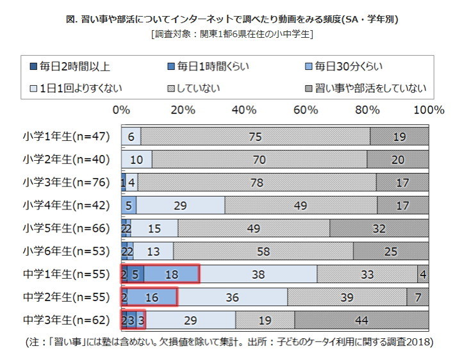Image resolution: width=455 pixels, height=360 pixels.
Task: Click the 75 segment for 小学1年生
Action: click(x=255, y=136)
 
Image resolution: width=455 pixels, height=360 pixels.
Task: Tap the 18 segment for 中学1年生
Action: click(x=172, y=274)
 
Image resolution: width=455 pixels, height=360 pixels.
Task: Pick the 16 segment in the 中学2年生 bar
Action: click(x=152, y=297)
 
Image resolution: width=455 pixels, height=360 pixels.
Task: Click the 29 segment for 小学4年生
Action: click(x=180, y=205)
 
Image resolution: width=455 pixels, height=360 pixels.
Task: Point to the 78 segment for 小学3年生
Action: click(x=257, y=183)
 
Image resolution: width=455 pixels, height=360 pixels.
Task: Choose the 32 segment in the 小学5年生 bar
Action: click(x=379, y=228)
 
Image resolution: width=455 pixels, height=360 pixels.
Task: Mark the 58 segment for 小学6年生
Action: click(x=263, y=251)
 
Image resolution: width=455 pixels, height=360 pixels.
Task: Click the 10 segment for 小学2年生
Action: click(x=136, y=160)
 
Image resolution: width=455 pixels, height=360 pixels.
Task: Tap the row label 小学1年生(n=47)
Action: click(x=67, y=136)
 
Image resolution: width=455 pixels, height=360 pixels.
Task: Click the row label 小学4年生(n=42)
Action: click(x=67, y=205)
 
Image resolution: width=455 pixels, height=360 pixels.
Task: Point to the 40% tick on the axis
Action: click(x=244, y=110)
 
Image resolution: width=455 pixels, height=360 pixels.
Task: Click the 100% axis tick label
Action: click(x=427, y=110)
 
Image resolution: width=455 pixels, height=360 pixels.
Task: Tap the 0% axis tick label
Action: click(x=121, y=110)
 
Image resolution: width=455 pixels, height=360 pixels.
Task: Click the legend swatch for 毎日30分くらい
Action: click(x=308, y=65)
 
